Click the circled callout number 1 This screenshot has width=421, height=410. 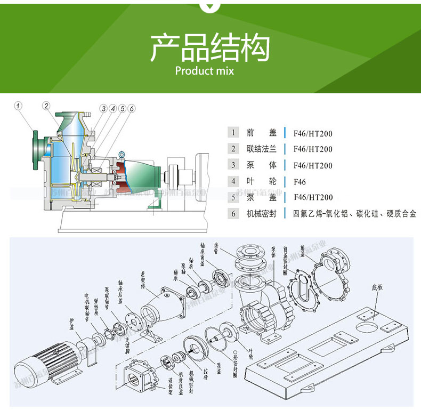(x=18, y=106)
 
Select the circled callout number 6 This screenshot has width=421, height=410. (x=131, y=108)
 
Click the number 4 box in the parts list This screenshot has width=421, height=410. (x=233, y=181)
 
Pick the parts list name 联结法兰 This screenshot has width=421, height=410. (x=262, y=149)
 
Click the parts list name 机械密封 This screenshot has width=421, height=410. (x=262, y=214)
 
